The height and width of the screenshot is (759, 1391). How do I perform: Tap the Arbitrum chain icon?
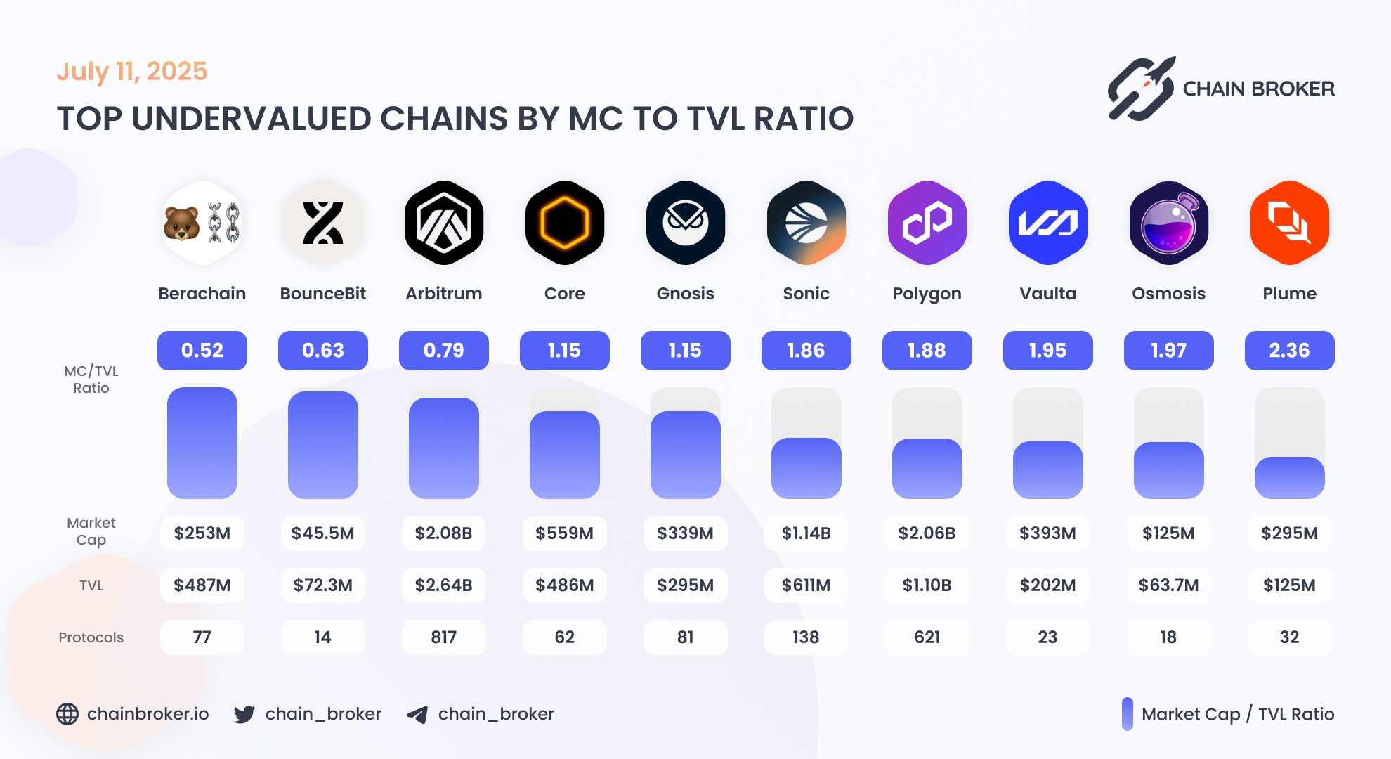coord(444,223)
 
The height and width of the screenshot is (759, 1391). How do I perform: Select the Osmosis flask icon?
coord(1169,223)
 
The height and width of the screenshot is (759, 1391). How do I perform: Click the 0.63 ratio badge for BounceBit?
coord(323,351)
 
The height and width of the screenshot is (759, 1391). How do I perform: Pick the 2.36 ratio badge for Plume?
coord(1290,351)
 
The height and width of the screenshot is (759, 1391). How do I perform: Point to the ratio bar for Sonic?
coord(806,468)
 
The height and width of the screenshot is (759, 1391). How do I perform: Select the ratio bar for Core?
coord(565,455)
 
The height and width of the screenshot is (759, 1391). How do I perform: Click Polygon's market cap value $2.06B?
coord(927,533)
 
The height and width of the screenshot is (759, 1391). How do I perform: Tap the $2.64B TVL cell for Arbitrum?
coord(444,585)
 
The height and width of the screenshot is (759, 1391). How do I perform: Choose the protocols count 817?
coord(444,637)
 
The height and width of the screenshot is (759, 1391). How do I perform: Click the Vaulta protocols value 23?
coord(1048,637)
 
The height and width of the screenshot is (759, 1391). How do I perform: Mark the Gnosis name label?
coord(686,294)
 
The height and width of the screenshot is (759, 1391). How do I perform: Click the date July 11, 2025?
coord(132,72)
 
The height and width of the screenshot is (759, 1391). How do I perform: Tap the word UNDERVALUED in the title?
coord(250,119)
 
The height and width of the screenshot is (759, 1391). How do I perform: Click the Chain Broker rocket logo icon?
coord(1141,89)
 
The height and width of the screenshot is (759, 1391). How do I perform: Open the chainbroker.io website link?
coord(148,714)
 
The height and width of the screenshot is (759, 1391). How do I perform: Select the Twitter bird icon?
coord(244,714)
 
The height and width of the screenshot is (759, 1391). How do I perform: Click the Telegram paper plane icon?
coord(417,715)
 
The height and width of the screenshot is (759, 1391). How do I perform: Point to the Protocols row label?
coord(91,637)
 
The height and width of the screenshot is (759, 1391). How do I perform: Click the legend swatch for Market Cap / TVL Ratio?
coord(1128,714)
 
